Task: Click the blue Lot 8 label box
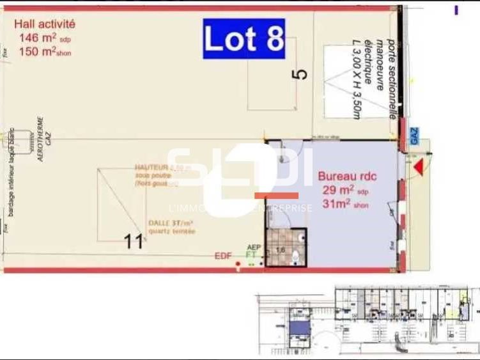[x=244, y=39]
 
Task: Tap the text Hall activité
[x=45, y=24]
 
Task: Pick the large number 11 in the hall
[x=134, y=242]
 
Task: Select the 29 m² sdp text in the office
[x=345, y=191]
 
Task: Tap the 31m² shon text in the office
[x=346, y=205]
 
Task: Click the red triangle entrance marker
[x=418, y=168]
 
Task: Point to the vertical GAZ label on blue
[x=414, y=136]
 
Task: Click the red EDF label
[x=223, y=256]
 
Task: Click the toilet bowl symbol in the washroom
[x=295, y=257]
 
